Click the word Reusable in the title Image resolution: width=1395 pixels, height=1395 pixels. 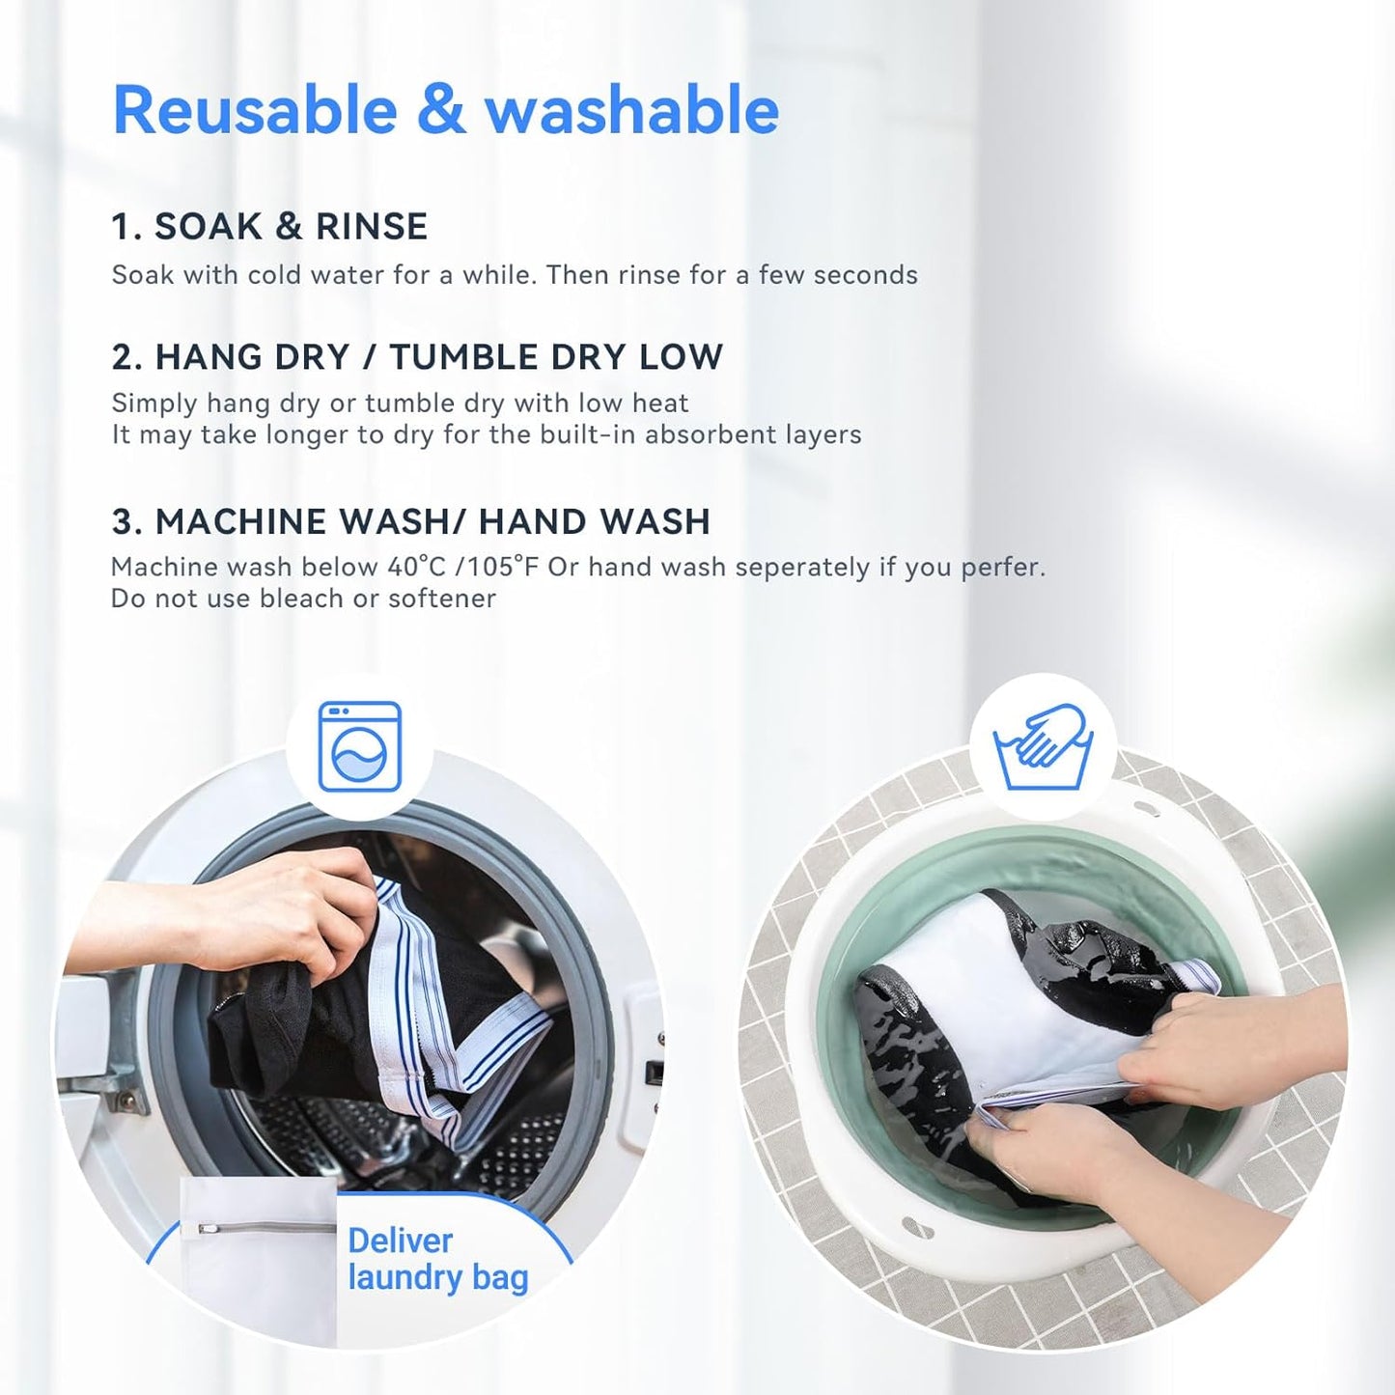tap(255, 110)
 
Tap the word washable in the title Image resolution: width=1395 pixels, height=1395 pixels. tap(631, 110)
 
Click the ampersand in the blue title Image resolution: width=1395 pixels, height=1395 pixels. tap(441, 110)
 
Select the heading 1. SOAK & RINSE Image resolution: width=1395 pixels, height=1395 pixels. tap(269, 227)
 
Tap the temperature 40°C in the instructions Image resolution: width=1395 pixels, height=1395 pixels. tap(416, 567)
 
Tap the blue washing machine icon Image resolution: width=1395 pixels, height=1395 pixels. tap(359, 746)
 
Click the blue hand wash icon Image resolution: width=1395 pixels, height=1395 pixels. tap(1043, 746)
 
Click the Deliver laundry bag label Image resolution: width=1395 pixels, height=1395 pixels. tap(437, 1259)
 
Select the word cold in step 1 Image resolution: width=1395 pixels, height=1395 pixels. tap(274, 275)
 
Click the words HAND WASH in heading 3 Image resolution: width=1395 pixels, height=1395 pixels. tap(595, 522)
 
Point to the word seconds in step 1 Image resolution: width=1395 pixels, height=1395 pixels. tap(865, 275)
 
